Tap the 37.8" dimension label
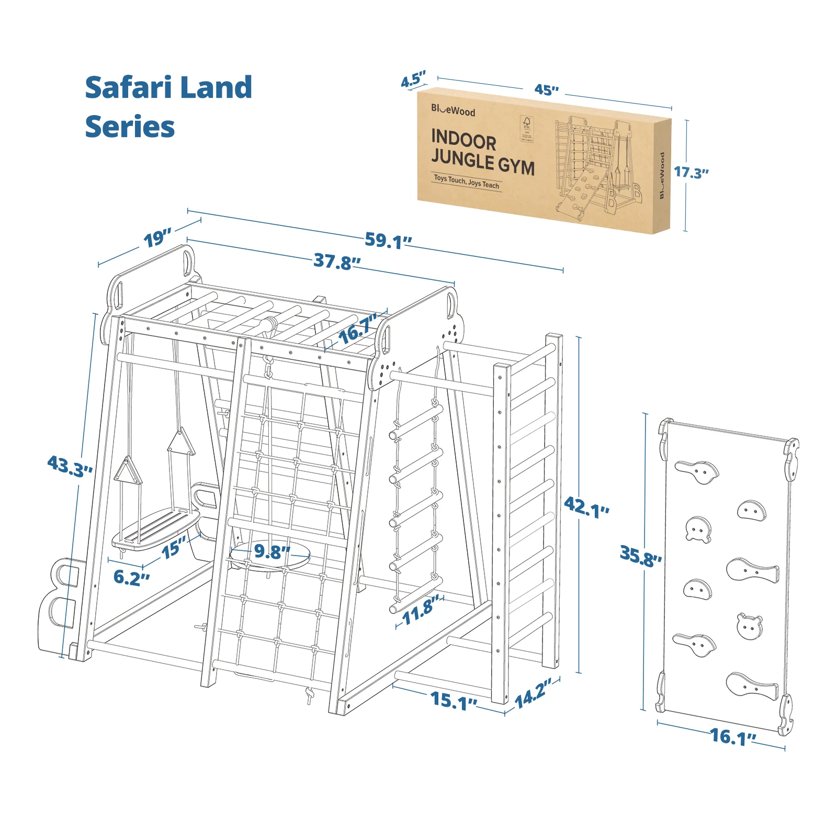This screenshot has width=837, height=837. click(337, 261)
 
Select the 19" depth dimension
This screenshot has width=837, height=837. click(157, 239)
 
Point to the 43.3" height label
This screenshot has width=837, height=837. click(70, 466)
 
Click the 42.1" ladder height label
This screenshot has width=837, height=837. click(586, 507)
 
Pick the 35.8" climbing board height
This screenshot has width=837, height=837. click(640, 556)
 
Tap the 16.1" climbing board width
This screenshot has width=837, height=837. click(733, 737)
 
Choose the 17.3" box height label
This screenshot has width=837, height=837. click(691, 172)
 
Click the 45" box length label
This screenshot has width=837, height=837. click(546, 90)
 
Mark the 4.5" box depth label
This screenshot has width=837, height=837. click(413, 80)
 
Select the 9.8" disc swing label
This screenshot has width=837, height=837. click(272, 551)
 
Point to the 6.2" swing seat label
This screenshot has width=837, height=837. click(131, 578)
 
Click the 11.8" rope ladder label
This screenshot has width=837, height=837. click(420, 610)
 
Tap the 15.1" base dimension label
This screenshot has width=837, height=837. click(454, 700)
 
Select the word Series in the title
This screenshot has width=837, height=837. click(130, 127)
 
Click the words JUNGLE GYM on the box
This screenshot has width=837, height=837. click(482, 163)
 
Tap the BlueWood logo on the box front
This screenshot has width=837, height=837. click(453, 110)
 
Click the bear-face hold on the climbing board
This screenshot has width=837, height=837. click(749, 626)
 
